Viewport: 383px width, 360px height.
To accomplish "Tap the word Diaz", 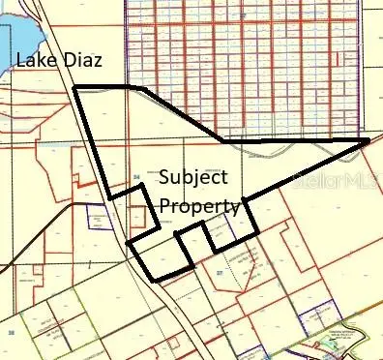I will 80,61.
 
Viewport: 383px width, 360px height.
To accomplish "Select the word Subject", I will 192,178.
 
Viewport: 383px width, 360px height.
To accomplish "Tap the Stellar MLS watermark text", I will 339,180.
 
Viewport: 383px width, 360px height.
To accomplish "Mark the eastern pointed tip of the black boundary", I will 368,139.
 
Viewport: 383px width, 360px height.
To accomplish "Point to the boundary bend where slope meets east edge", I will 225,141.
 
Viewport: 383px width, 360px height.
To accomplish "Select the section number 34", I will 137,176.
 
